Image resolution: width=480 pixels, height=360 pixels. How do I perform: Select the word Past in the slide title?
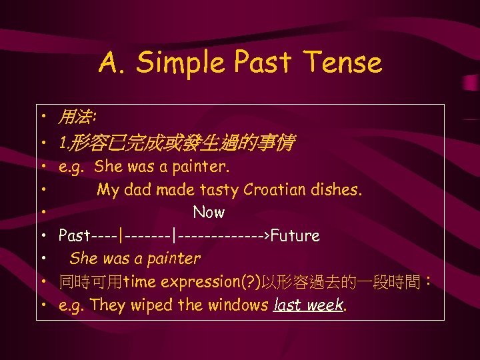coord(262,63)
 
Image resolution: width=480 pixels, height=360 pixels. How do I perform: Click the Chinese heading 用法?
coord(76,119)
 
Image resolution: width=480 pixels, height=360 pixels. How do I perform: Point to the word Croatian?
coord(274,190)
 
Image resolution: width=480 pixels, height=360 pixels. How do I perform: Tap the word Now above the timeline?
coord(209,213)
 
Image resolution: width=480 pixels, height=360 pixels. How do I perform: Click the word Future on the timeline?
coord(295,236)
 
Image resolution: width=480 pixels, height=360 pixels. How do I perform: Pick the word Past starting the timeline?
coord(73,236)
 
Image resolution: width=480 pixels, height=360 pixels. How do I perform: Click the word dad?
coord(139,190)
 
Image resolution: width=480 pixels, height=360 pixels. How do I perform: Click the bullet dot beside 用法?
coord(42,119)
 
